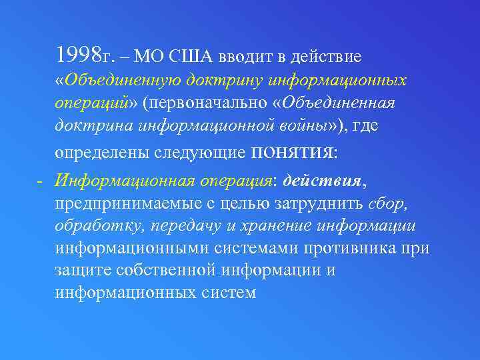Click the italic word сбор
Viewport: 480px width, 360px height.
coord(386,203)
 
